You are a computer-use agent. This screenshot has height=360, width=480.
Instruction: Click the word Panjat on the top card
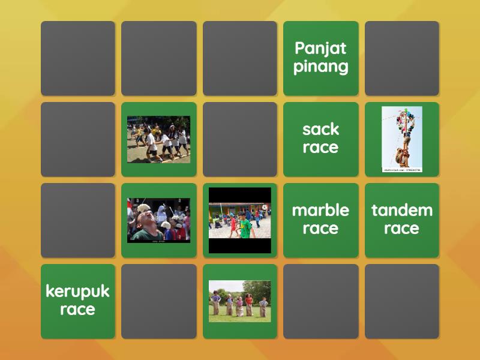pyautogui.click(x=320, y=49)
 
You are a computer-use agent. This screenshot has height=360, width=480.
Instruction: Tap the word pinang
pyautogui.click(x=320, y=66)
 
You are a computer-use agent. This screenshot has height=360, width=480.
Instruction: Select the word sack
pyautogui.click(x=320, y=130)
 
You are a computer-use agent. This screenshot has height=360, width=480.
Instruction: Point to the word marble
pyautogui.click(x=320, y=211)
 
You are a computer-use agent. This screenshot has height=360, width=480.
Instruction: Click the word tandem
pyautogui.click(x=401, y=211)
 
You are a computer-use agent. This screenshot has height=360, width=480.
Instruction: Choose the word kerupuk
pyautogui.click(x=77, y=292)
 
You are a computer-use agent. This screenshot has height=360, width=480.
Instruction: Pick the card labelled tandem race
pyautogui.click(x=401, y=220)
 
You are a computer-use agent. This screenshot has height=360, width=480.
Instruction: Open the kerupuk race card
pyautogui.click(x=77, y=301)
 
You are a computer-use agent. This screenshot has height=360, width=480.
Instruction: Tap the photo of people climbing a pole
pyautogui.click(x=401, y=138)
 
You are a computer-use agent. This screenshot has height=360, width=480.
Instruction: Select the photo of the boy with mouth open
pyautogui.click(x=158, y=220)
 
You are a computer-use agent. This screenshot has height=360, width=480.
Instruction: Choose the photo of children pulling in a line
pyautogui.click(x=158, y=139)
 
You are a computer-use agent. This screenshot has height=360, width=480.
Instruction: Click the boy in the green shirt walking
pyautogui.click(x=244, y=226)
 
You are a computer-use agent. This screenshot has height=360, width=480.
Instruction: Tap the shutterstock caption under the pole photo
pyautogui.click(x=401, y=170)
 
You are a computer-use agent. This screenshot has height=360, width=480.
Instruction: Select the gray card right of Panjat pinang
pyautogui.click(x=401, y=58)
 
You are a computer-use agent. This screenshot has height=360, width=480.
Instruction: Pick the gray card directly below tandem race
pyautogui.click(x=401, y=301)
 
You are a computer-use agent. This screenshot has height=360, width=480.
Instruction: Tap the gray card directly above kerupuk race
pyautogui.click(x=77, y=220)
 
